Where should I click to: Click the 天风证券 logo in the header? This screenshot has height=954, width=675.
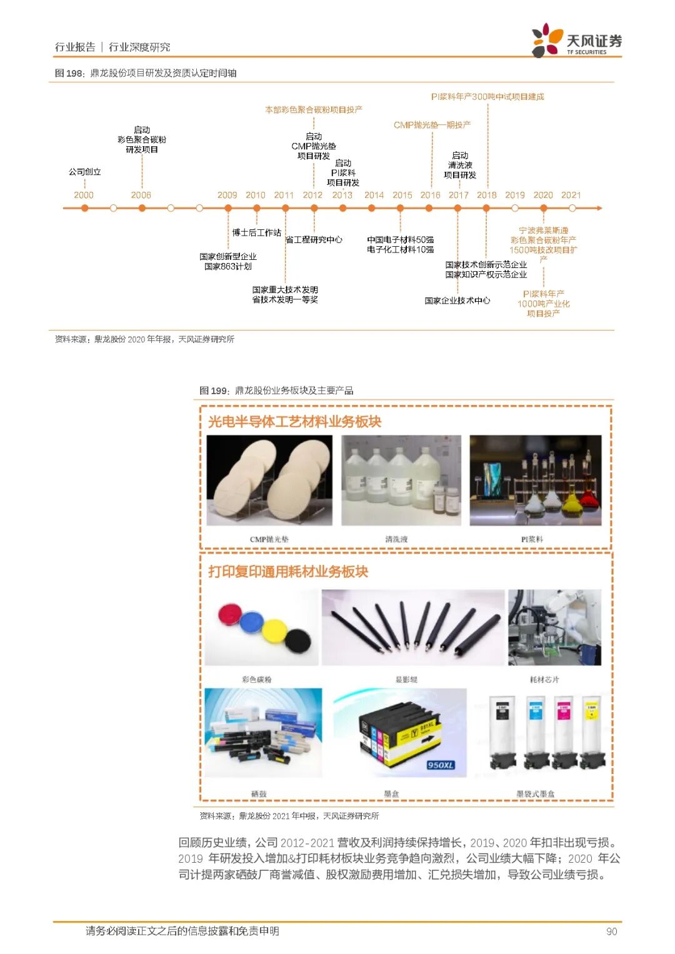pos(576,41)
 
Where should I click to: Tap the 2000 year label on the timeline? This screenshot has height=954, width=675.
pos(84,195)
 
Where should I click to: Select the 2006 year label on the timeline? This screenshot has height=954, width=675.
pos(141,195)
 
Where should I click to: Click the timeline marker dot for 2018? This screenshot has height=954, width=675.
pos(486,208)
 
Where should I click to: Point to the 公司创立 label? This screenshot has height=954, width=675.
pos(85,172)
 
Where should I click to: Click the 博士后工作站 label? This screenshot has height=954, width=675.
pos(256,232)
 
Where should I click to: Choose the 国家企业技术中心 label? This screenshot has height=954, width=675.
pos(457,301)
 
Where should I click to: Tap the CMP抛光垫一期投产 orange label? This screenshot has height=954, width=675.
pos(432,125)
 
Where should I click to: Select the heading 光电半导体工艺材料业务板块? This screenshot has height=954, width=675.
pos(294,422)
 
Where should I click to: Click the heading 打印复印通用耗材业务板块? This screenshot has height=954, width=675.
pos(288,572)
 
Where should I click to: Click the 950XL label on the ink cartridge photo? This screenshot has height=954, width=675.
pos(441,765)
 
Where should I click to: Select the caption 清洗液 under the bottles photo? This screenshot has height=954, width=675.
pos(396,539)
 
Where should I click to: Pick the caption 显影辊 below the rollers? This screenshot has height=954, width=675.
pos(406,679)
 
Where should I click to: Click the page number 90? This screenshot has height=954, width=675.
pos(611,932)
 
